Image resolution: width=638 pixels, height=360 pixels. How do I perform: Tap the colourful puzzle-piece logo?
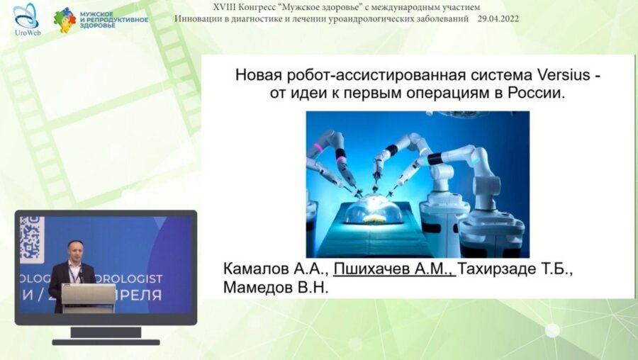(65, 20)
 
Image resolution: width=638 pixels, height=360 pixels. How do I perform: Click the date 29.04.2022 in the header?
(499, 18)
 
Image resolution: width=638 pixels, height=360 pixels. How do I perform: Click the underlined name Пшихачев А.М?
(394, 270)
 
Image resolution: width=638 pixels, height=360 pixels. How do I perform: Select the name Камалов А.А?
(275, 270)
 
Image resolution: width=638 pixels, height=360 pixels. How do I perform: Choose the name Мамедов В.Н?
(276, 288)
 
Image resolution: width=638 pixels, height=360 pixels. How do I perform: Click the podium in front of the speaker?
(88, 297)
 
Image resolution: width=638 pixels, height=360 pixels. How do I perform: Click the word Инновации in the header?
(199, 18)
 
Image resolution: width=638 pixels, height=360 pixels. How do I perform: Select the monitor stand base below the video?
(106, 341)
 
